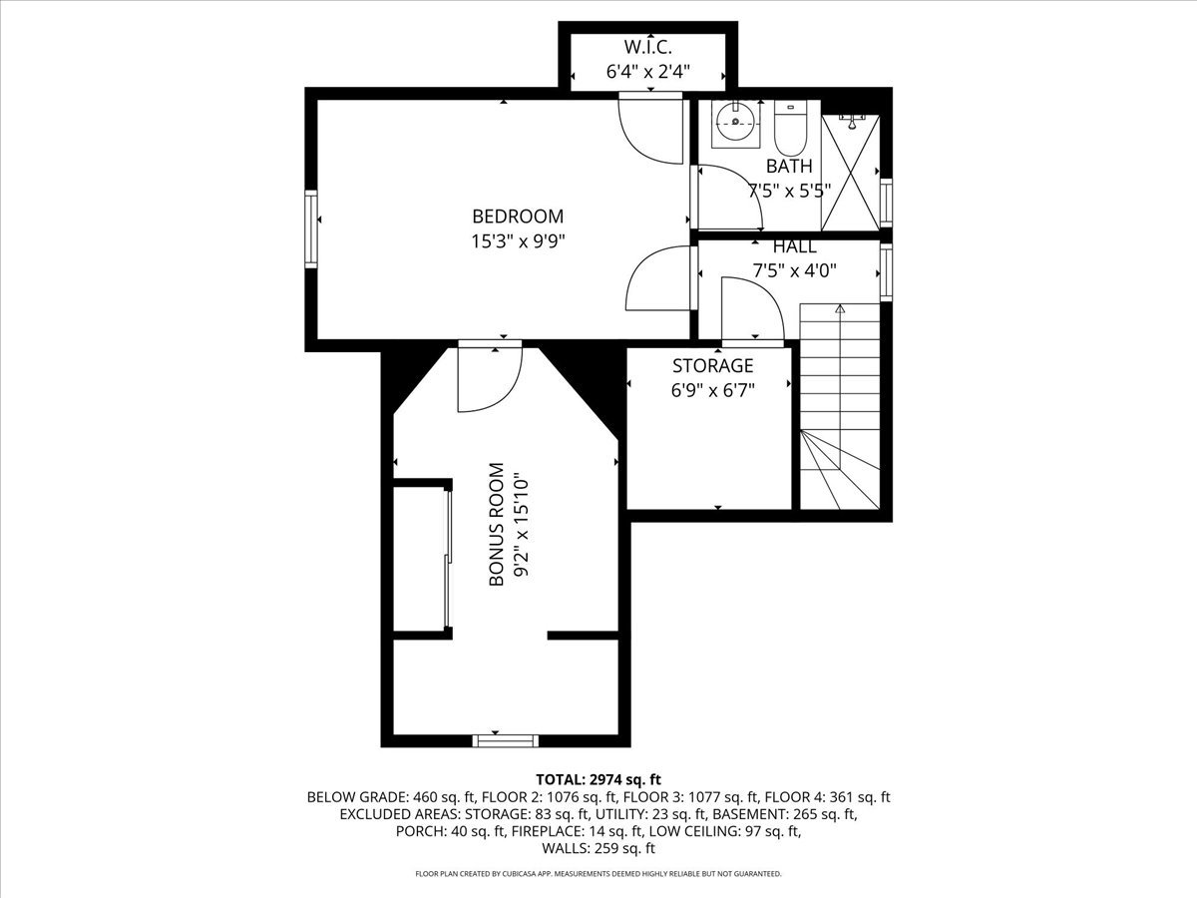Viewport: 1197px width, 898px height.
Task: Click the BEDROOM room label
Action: (518, 217)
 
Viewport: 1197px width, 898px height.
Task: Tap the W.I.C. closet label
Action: (647, 48)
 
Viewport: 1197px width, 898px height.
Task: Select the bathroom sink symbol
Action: (735, 124)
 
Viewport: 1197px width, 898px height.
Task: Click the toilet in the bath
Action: (790, 129)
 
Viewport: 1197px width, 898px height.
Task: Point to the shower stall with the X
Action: (850, 173)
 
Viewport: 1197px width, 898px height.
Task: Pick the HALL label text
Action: (795, 247)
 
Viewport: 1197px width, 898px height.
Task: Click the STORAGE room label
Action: (713, 365)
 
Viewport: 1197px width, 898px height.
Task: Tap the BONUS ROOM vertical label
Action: (496, 525)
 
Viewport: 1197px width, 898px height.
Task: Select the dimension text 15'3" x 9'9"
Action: (518, 241)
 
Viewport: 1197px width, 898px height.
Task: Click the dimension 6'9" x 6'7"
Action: (713, 390)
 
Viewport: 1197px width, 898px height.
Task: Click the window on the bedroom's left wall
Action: (311, 229)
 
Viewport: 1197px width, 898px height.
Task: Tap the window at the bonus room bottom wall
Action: (505, 740)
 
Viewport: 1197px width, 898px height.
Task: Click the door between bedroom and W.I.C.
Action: (650, 127)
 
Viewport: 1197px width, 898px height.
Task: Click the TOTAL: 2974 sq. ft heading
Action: (598, 779)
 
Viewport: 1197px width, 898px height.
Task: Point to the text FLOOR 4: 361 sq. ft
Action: (827, 797)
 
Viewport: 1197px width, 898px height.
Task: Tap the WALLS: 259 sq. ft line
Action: (598, 848)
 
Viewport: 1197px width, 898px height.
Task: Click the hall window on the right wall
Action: (886, 272)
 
